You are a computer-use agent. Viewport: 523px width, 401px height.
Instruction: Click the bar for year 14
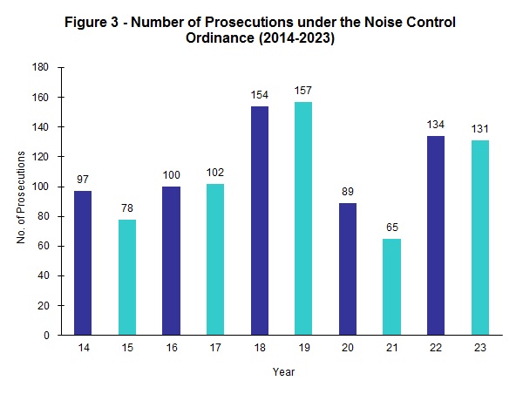(x=83, y=262)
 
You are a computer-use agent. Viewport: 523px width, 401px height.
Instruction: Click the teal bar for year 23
(x=479, y=237)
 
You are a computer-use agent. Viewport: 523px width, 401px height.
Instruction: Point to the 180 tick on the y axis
(x=42, y=67)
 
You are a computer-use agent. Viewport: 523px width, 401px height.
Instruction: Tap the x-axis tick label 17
(x=215, y=347)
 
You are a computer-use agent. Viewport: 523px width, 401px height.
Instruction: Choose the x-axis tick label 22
(x=436, y=347)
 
